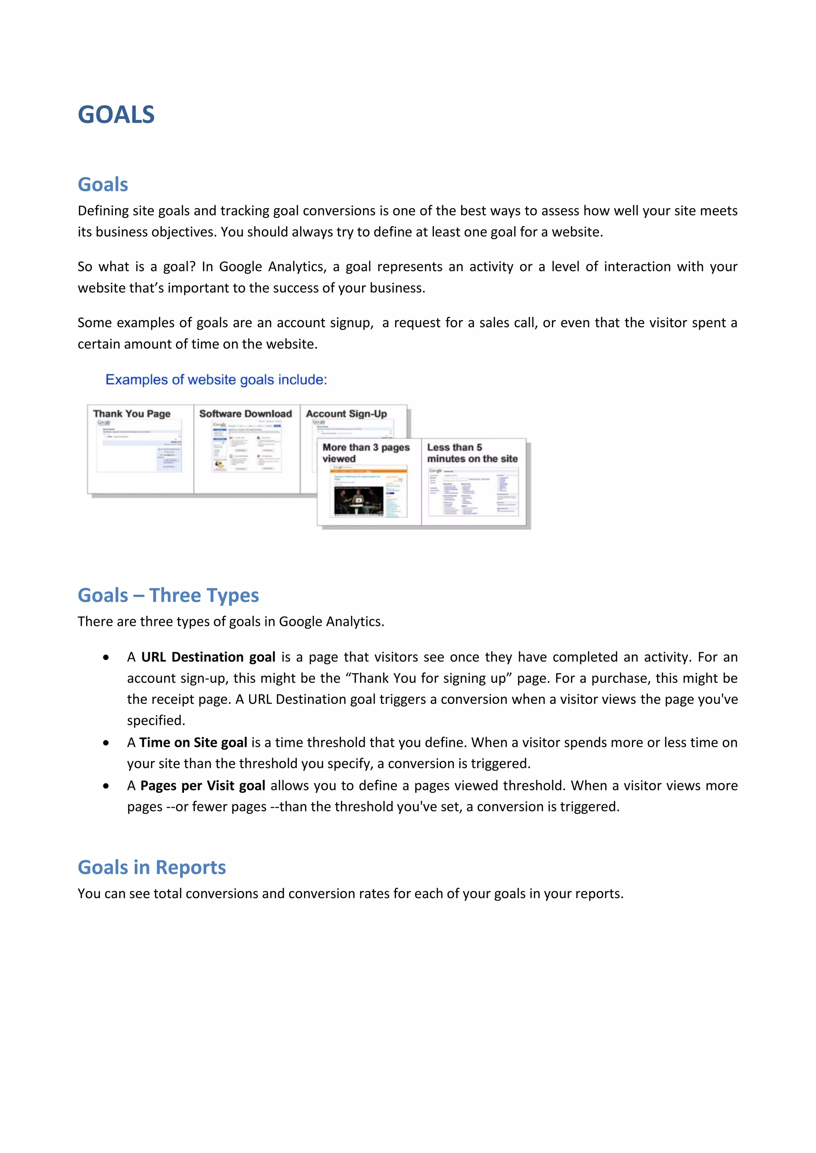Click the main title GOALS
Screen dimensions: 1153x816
coord(116,115)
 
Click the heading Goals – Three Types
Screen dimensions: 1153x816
coord(168,595)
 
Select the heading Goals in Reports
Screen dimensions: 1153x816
coord(151,867)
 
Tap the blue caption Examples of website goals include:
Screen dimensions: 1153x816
coord(216,380)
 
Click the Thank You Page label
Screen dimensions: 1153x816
coord(131,414)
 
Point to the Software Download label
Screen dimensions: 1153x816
coord(245,414)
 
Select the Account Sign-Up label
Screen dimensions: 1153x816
coord(346,414)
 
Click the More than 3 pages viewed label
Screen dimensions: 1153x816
coord(366,453)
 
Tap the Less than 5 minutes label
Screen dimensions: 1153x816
coord(472,453)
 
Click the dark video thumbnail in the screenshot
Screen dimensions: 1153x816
coord(358,500)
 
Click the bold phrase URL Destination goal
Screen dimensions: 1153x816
coord(208,657)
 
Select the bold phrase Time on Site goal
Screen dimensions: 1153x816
coord(193,743)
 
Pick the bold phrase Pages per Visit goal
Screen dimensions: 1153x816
coord(202,786)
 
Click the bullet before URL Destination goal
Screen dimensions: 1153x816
coord(106,657)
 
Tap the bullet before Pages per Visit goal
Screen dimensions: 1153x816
coord(106,786)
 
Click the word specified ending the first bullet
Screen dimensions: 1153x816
coord(155,721)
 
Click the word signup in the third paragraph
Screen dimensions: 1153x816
coord(351,323)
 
